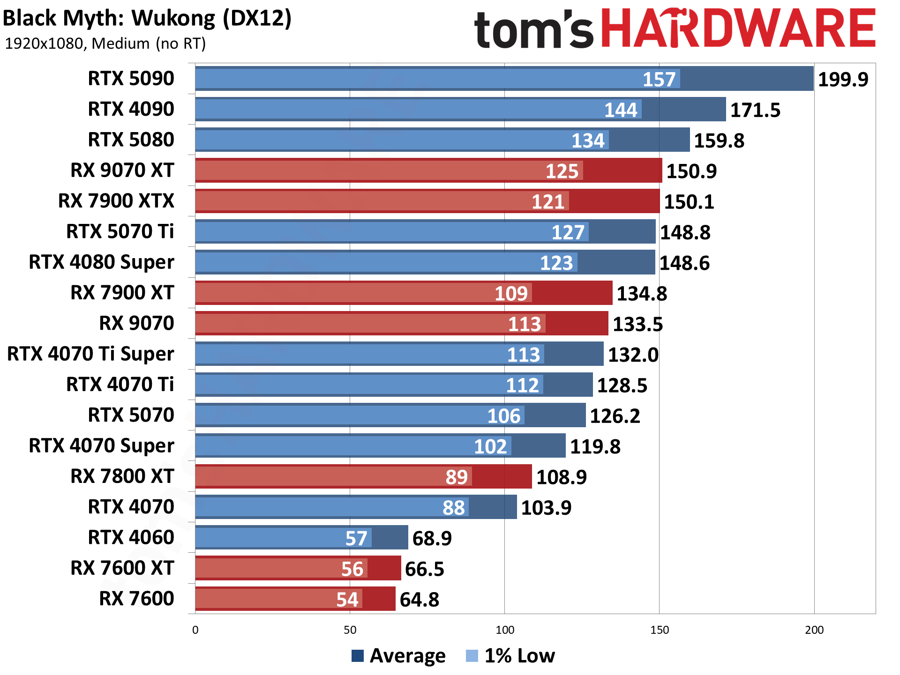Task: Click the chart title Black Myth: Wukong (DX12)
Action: (147, 19)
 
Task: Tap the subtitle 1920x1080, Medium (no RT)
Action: (105, 44)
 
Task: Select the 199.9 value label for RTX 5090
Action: (843, 79)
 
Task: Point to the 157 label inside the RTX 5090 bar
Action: (659, 79)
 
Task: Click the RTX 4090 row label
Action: (131, 109)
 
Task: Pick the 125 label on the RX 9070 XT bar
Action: (562, 171)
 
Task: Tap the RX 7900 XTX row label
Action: (116, 201)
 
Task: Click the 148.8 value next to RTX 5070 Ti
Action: (685, 232)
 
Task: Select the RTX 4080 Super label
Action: (101, 262)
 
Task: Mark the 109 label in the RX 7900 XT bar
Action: (511, 294)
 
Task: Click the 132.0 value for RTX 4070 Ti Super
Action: (633, 355)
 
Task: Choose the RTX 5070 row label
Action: (131, 415)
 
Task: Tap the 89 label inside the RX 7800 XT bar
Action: (456, 477)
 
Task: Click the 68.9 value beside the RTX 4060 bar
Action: (432, 538)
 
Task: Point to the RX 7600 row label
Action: (136, 599)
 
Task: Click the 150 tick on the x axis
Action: (659, 630)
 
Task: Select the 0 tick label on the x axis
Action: (195, 630)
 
